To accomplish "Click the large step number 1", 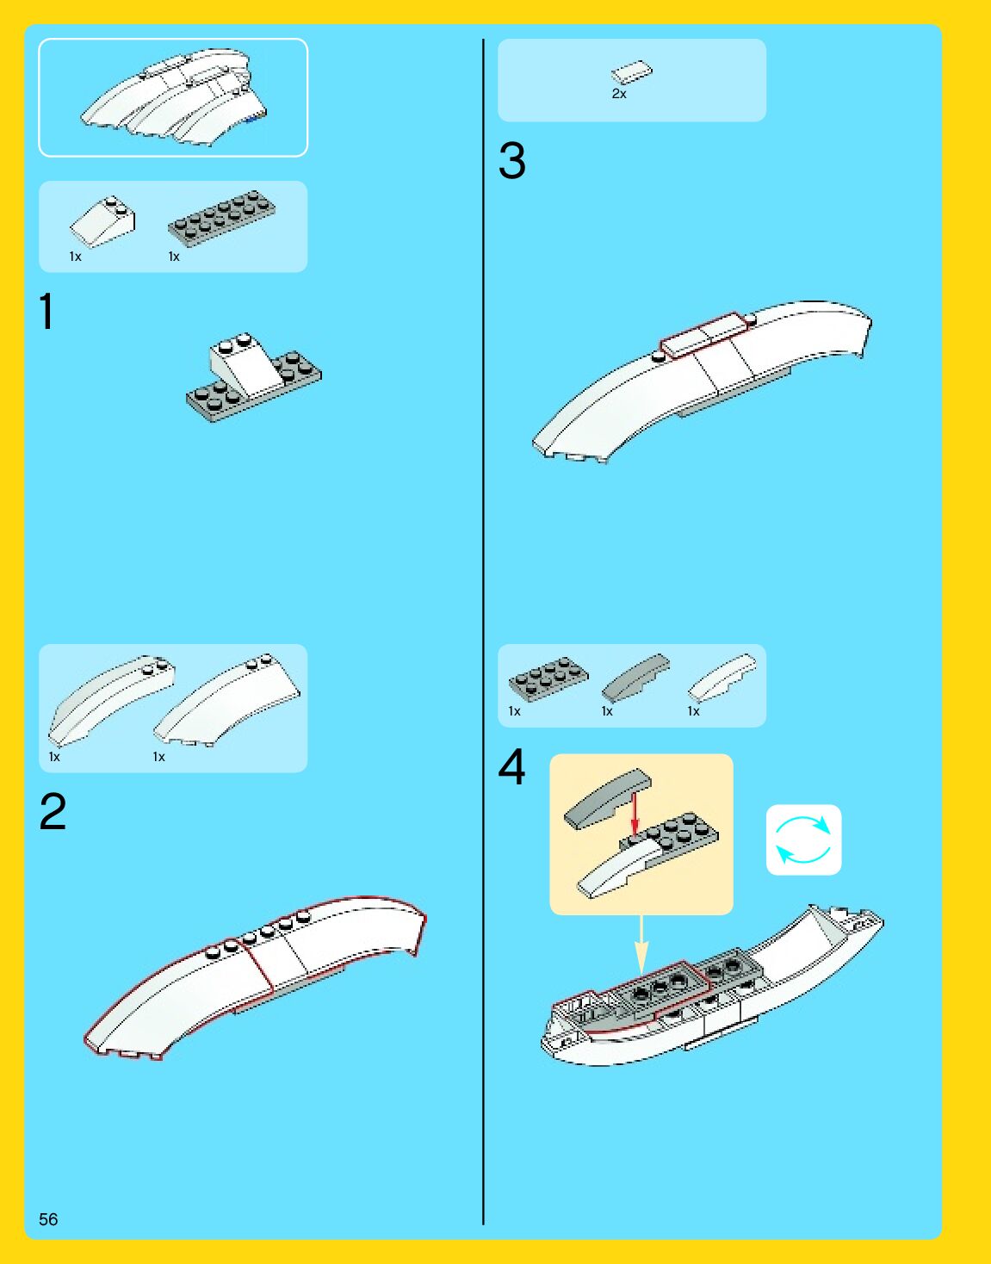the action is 46,311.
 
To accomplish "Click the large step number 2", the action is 53,811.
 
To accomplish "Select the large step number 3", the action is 511,160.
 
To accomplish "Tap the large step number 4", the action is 511,766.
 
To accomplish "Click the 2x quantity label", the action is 619,94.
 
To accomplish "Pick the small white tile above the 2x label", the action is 632,72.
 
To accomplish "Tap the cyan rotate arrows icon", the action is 803,840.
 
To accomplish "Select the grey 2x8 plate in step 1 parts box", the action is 221,218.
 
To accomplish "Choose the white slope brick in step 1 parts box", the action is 102,221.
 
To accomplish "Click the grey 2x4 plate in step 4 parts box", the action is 548,678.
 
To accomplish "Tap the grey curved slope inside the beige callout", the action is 608,799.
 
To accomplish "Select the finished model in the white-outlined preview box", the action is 173,96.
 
